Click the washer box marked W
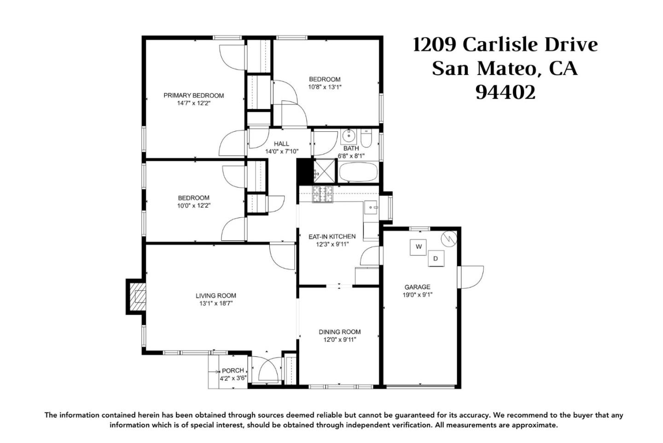tap(418, 247)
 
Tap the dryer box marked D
tap(436, 258)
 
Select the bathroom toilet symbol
tap(366, 138)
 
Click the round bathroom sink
tap(349, 136)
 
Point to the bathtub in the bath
tap(358, 172)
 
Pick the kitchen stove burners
tap(322, 194)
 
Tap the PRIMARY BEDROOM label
tap(193, 95)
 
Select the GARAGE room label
tap(417, 287)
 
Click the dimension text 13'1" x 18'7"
tap(216, 303)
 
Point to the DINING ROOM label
tap(339, 332)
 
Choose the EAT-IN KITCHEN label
tap(332, 237)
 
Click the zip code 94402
tap(506, 93)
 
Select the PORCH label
tap(233, 370)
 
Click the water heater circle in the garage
tap(449, 238)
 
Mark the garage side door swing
tap(471, 277)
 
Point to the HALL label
tap(281, 144)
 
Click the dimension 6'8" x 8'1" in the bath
tap(351, 156)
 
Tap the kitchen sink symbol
tap(371, 207)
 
